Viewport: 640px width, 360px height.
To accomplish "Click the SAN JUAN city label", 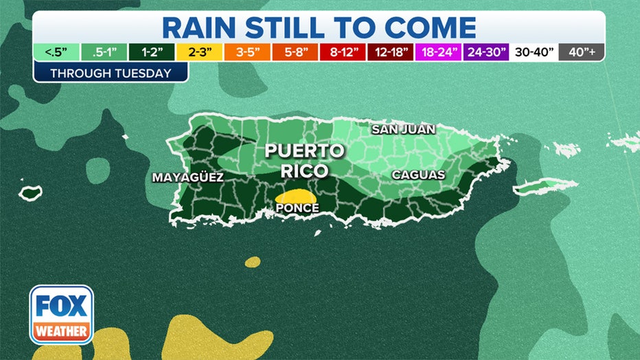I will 404,129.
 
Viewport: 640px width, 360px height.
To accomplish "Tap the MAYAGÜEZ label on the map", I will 188,177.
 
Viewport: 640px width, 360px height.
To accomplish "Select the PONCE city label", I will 297,207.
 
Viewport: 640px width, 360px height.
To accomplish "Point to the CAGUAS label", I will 418,175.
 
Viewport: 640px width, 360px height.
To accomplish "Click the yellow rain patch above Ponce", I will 296,196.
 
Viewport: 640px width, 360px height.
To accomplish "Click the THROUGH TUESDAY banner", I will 111,73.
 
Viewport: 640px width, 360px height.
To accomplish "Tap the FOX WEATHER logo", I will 61,314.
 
